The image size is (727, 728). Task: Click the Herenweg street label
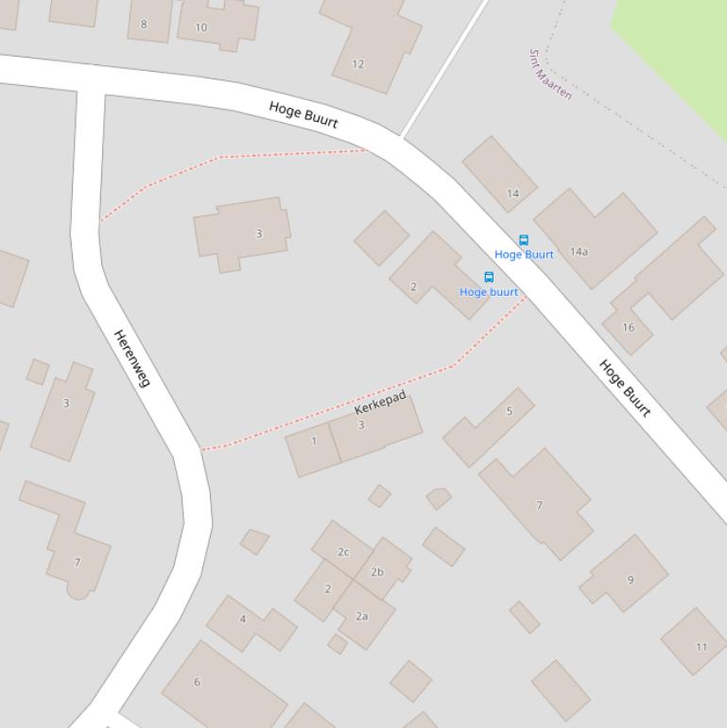coord(131,357)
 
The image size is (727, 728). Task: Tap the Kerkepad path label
coord(380,403)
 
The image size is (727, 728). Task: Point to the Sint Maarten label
coord(550,74)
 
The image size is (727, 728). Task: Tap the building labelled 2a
coord(361,615)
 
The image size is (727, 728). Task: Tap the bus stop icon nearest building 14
coord(523,240)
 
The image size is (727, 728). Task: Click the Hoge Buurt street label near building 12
coord(303,114)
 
